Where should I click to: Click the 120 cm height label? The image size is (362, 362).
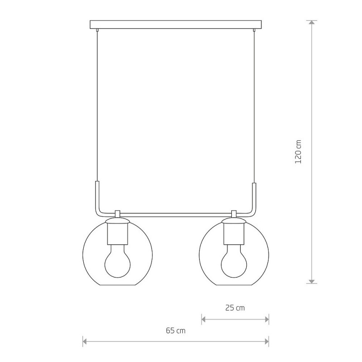(298, 152)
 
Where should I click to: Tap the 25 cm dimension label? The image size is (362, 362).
(235, 308)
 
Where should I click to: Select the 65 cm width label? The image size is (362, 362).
(176, 331)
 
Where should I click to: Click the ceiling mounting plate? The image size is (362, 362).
(176, 24)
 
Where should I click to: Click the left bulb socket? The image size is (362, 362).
(118, 234)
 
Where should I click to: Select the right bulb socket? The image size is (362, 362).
(234, 234)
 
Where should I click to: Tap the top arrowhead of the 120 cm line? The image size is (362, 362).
(312, 22)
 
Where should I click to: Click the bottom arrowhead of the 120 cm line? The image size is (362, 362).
(312, 281)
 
